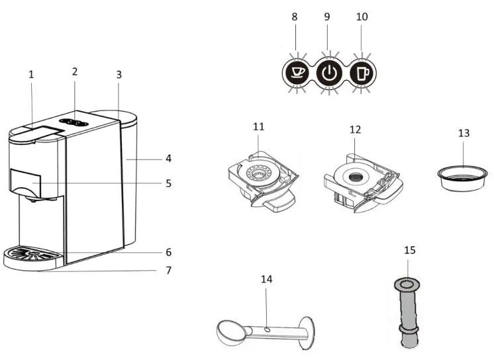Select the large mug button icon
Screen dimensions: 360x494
(x=361, y=71)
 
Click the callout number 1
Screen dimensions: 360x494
(x=30, y=75)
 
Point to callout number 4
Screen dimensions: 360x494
(x=168, y=159)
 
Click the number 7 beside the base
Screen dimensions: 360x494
(x=168, y=270)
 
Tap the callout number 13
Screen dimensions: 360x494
(x=464, y=133)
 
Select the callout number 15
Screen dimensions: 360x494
(x=409, y=250)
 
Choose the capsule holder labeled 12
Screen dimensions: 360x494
(x=361, y=181)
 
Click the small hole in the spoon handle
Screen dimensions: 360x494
(x=265, y=328)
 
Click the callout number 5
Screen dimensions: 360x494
(x=168, y=183)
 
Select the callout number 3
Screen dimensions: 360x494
(x=119, y=75)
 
